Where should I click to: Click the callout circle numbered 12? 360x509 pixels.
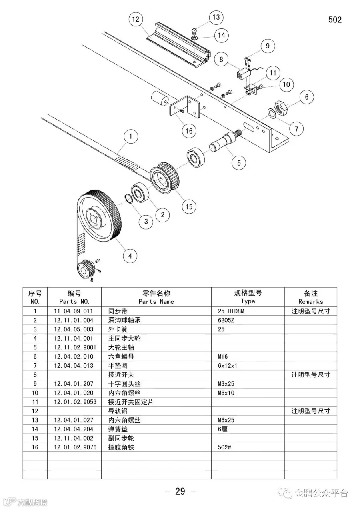(x=136, y=19)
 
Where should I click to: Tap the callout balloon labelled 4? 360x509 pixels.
(x=130, y=255)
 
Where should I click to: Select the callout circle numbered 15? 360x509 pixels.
(x=189, y=206)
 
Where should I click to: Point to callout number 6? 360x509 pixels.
(x=307, y=97)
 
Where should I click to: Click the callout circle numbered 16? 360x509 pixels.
(x=189, y=131)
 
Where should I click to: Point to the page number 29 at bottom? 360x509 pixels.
(x=180, y=491)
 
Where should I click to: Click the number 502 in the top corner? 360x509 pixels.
(x=335, y=20)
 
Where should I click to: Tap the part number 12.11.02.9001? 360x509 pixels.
(x=75, y=347)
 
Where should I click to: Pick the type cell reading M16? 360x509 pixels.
(x=223, y=357)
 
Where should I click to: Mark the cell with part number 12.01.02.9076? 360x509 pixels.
(x=75, y=447)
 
